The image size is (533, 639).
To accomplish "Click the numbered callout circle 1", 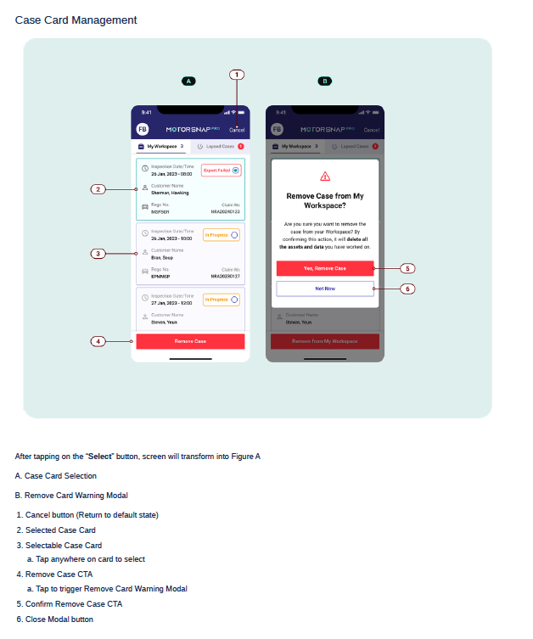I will (x=238, y=74).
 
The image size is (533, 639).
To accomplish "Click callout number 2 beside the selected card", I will (x=98, y=189).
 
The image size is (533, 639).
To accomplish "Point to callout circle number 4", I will (x=98, y=341).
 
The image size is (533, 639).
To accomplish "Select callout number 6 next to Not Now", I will (x=407, y=289).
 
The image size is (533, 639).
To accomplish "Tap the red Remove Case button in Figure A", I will (x=190, y=341).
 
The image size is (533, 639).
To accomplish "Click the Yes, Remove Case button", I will (x=325, y=268).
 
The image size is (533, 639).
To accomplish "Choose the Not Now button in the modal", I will (x=325, y=289).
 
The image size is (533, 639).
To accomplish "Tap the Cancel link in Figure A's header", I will (x=238, y=130).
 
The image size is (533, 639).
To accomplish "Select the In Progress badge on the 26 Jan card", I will (x=221, y=235).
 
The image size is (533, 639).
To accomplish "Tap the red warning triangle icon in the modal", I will (x=325, y=177).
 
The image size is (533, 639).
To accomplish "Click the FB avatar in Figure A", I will (x=142, y=129).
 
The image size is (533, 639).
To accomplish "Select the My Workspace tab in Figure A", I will (x=161, y=147).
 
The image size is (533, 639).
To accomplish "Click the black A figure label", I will (x=189, y=81).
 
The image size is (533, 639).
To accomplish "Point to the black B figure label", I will (x=324, y=81).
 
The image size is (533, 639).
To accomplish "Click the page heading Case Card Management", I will (x=76, y=20).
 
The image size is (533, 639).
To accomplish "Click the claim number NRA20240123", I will (x=225, y=211).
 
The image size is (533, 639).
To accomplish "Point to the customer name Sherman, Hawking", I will (x=170, y=193).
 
